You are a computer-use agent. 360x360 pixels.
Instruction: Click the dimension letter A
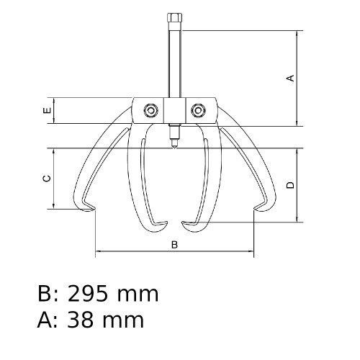(290, 78)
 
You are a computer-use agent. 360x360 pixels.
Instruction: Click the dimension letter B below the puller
(174, 245)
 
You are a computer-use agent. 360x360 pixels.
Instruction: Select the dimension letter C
(46, 179)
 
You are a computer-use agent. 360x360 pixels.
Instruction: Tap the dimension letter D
(290, 185)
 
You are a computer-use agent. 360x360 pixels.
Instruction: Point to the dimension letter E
(46, 111)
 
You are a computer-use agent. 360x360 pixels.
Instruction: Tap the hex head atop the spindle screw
(174, 17)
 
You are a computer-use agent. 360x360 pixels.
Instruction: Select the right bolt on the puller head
(198, 110)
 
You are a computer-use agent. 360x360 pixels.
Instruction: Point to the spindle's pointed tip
(174, 143)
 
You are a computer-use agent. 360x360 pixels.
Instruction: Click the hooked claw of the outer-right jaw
(261, 209)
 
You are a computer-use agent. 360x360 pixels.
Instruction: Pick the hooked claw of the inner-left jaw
(160, 226)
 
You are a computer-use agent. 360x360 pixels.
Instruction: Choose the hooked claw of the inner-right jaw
(189, 226)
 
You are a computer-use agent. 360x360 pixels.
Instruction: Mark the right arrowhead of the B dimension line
(253, 252)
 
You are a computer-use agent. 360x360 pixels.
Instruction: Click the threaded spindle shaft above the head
(174, 61)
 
